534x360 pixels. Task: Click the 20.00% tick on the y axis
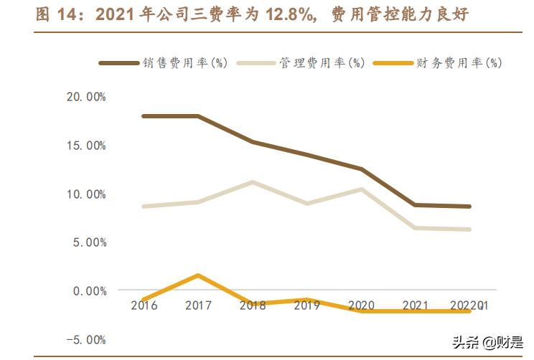[x=86, y=98]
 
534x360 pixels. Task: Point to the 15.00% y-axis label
[x=86, y=146]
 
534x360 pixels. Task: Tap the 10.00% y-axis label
[x=86, y=194]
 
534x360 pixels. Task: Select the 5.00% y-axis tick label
[x=89, y=242]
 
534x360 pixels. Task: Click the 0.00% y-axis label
[x=89, y=290]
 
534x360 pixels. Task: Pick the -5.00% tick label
[x=86, y=339]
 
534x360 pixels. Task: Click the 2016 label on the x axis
[x=144, y=305]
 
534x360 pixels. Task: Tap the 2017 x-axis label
[x=198, y=305]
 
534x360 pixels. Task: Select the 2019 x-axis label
[x=307, y=305]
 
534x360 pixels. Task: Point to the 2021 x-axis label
[x=416, y=305]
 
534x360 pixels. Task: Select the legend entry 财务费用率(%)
[x=459, y=63]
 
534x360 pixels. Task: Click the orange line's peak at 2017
[x=198, y=275]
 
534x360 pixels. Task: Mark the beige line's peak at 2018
[x=253, y=182]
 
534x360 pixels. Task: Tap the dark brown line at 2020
[x=362, y=169]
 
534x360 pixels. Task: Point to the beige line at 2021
[x=416, y=228]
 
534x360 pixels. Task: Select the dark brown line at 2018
[x=253, y=142]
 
